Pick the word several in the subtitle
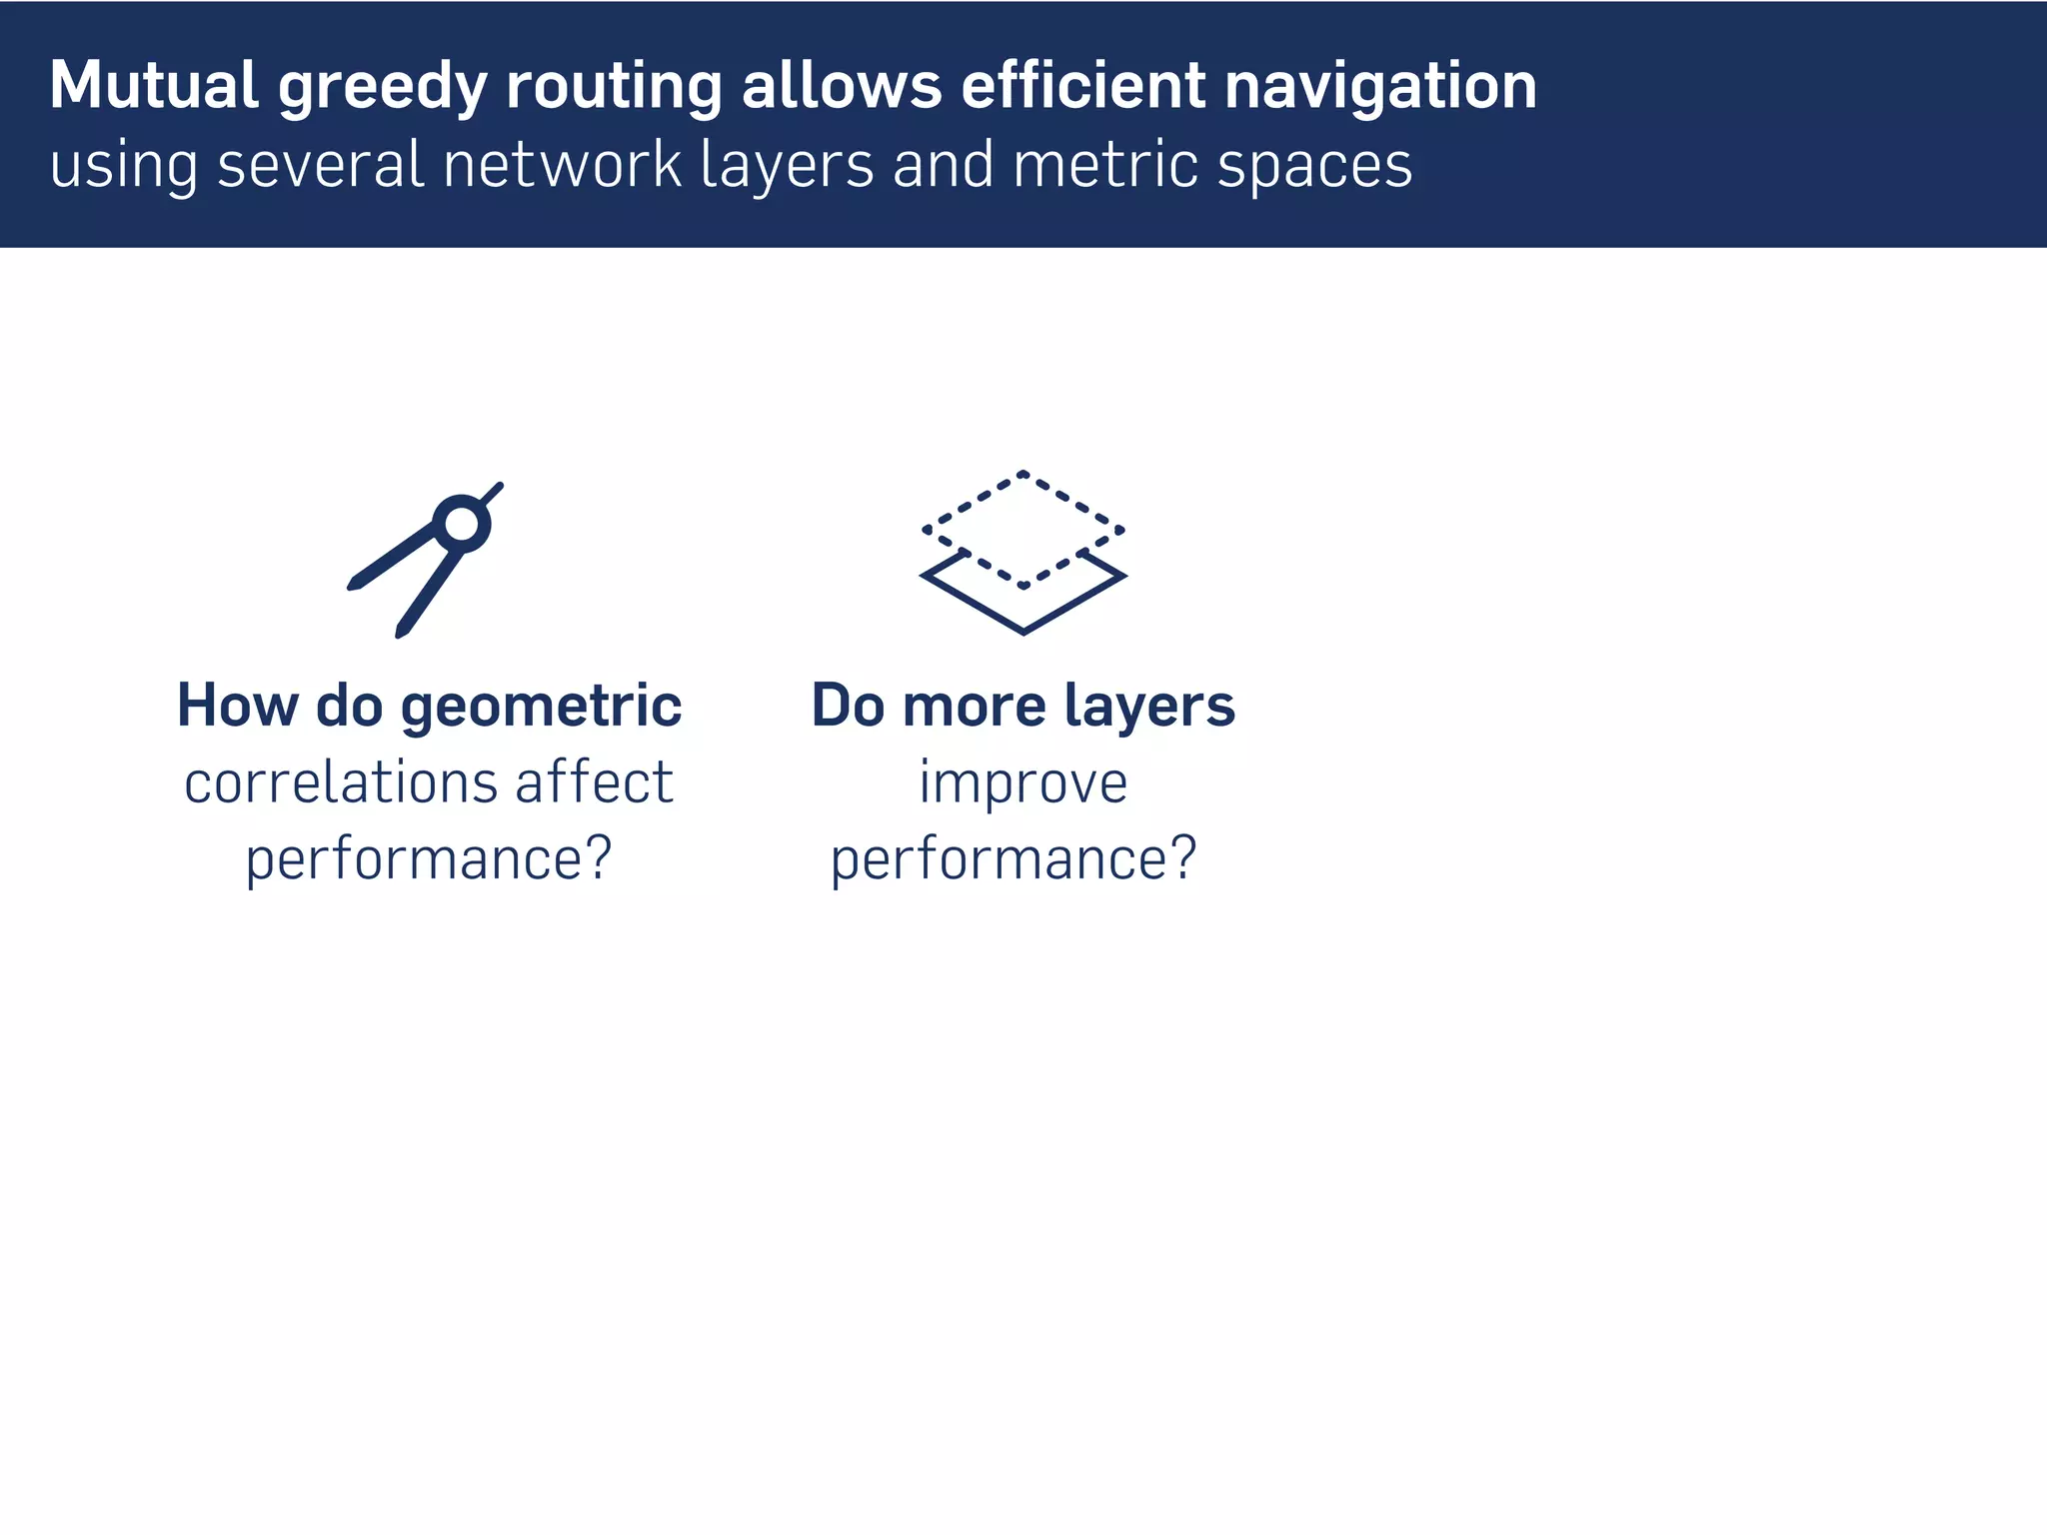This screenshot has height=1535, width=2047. [321, 166]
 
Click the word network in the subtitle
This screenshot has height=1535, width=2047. [563, 166]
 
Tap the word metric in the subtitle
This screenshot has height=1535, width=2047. [1103, 166]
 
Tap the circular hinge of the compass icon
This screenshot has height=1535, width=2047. [462, 523]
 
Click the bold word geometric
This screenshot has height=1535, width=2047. [541, 708]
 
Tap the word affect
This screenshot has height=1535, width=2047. [594, 782]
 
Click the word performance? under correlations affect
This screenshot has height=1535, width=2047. [428, 859]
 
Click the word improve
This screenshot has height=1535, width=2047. [1023, 784]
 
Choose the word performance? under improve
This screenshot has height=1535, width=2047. [1013, 859]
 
